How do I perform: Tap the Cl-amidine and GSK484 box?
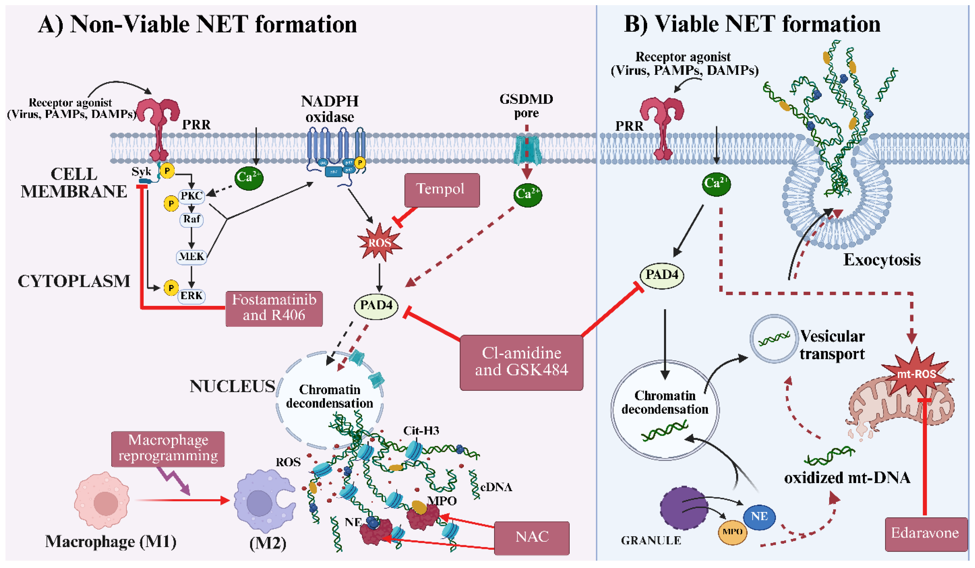click(x=521, y=362)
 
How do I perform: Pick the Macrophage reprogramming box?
click(x=168, y=449)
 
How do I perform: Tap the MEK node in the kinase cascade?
click(x=191, y=257)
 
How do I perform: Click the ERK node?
click(x=192, y=296)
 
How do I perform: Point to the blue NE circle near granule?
click(x=759, y=517)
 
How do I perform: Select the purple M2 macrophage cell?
click(x=263, y=501)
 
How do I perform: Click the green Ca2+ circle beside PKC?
click(x=248, y=178)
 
